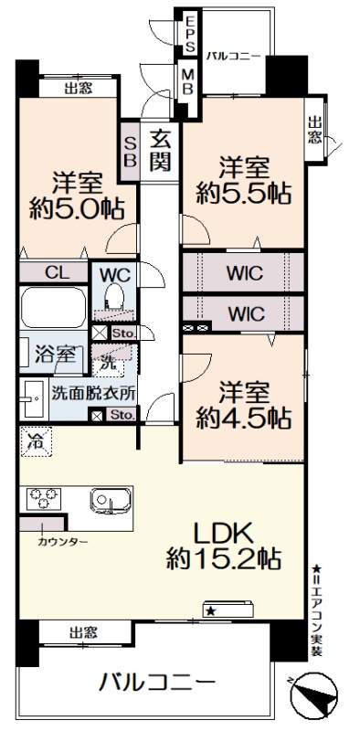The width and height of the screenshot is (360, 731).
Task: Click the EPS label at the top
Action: (x=190, y=34)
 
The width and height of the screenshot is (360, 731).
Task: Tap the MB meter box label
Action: (x=188, y=82)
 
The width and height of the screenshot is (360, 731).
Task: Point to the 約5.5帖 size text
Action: (x=243, y=192)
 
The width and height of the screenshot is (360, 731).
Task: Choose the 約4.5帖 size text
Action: (x=243, y=418)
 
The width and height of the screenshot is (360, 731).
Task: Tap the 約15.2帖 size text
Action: (x=223, y=558)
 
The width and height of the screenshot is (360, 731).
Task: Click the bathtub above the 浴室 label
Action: (x=54, y=308)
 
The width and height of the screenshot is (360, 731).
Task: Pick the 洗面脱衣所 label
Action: (x=93, y=394)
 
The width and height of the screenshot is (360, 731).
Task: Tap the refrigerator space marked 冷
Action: (x=36, y=441)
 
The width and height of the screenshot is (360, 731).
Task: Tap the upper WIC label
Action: (x=245, y=273)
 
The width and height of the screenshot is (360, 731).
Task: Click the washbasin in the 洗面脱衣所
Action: (x=33, y=399)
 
